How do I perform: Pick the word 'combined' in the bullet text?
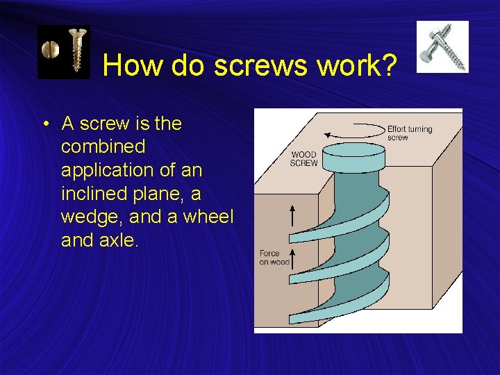tap(103, 147)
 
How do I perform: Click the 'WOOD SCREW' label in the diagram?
tap(303, 159)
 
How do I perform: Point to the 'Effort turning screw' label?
tap(409, 133)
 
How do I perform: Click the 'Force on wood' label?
tap(274, 258)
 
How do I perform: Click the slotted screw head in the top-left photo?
tap(49, 50)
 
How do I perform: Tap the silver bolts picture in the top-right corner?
tap(442, 47)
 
